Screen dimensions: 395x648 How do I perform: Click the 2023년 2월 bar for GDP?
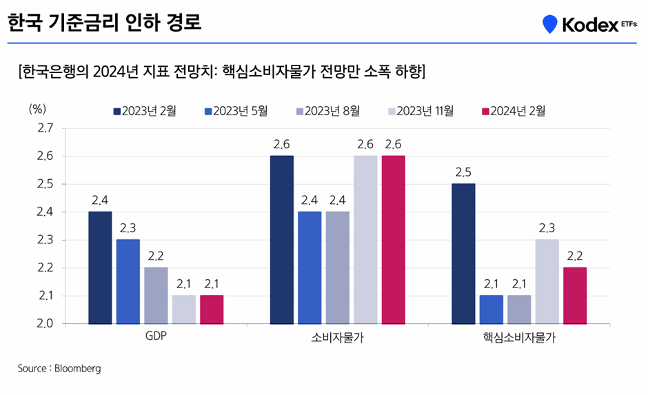tap(101, 267)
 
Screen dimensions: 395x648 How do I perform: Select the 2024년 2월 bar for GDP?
tap(212, 310)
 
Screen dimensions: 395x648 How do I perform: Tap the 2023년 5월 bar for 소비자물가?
tap(310, 267)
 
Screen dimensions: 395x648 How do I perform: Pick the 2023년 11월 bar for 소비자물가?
tap(365, 239)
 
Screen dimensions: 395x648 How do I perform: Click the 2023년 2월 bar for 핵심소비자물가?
tap(463, 253)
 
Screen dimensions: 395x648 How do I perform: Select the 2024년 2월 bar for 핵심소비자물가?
tap(574, 295)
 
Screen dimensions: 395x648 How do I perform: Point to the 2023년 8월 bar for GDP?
tap(156, 295)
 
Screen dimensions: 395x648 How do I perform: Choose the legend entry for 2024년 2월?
tap(513, 111)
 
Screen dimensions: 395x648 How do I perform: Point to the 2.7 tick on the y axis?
tap(45, 128)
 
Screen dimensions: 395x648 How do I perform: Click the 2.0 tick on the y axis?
tap(45, 323)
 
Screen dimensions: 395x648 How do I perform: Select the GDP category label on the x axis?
tap(156, 338)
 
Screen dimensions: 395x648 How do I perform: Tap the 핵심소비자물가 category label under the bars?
tap(519, 338)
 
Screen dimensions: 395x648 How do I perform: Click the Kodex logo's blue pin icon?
tap(549, 24)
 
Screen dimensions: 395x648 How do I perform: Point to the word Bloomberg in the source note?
tap(77, 369)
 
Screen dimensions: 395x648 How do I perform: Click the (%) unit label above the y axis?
tap(37, 109)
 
